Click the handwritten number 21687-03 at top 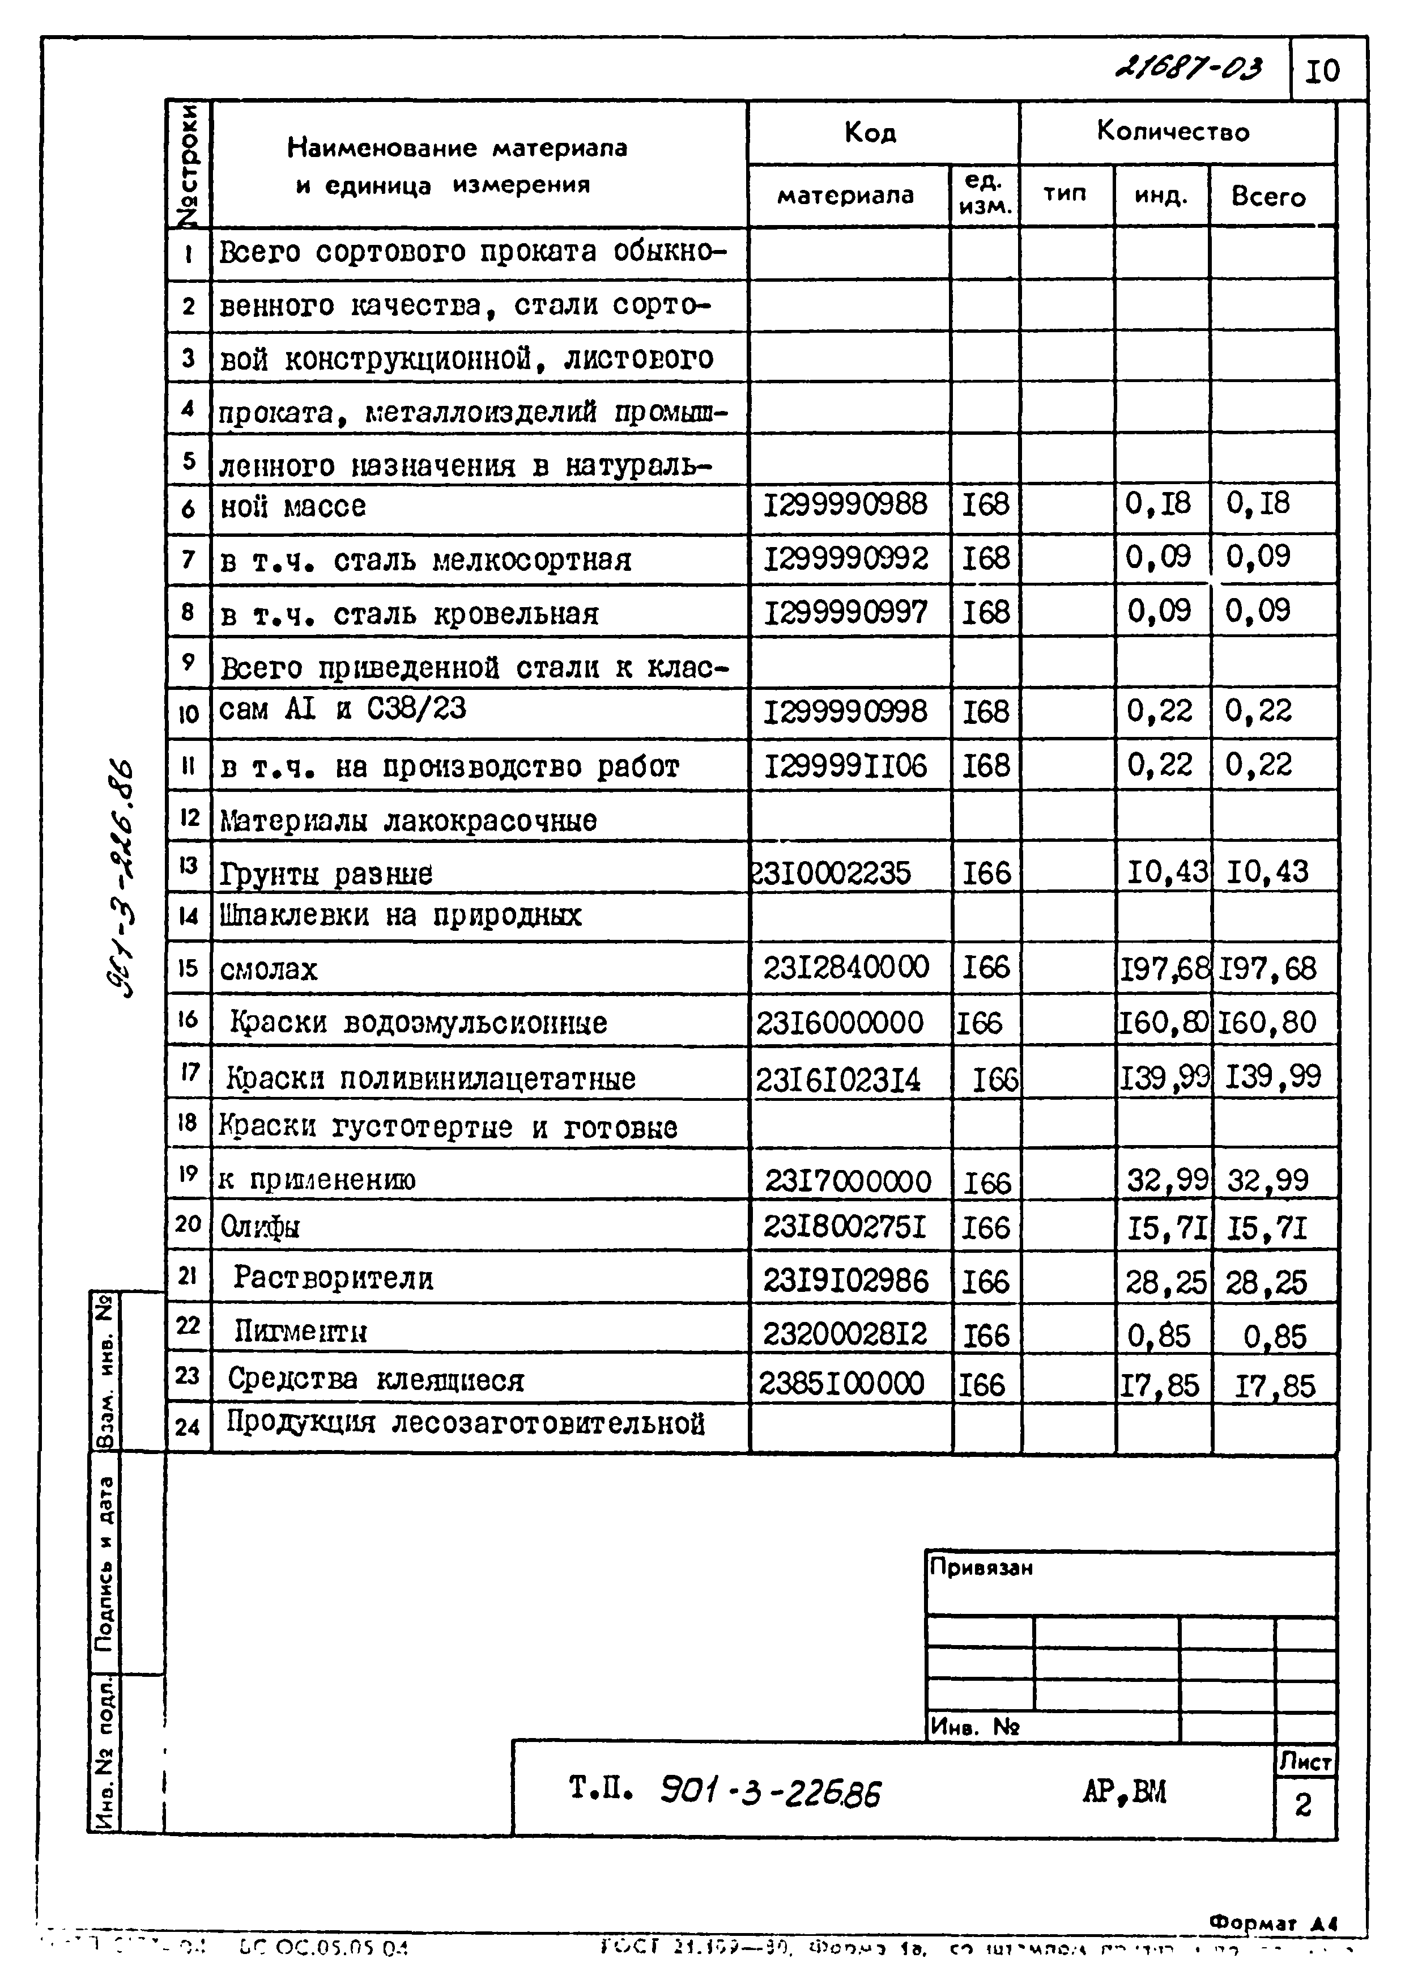tap(1190, 67)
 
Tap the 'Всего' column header tap(1268, 197)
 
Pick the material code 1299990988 tap(845, 504)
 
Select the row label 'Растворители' tap(333, 1278)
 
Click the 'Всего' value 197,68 tap(1268, 968)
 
